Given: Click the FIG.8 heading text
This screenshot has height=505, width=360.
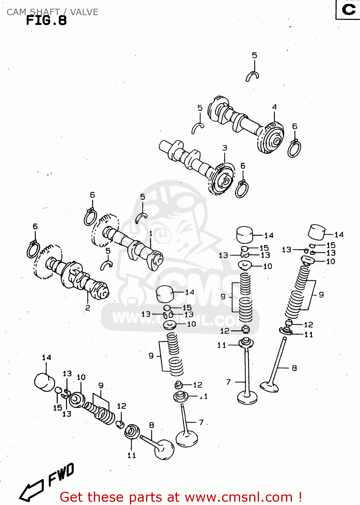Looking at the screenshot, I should pyautogui.click(x=46, y=21).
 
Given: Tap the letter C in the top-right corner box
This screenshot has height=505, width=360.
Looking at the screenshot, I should pyautogui.click(x=349, y=9).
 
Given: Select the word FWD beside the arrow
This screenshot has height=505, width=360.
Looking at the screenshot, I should pyautogui.click(x=61, y=474).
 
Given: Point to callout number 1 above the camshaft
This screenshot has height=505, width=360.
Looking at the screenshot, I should pyautogui.click(x=151, y=233).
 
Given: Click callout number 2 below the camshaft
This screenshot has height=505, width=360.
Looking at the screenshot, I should pyautogui.click(x=88, y=308).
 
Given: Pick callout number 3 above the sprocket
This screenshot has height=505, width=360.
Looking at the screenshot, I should pyautogui.click(x=224, y=148).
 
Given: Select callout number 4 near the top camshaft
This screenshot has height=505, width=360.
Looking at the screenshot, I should pyautogui.click(x=275, y=107).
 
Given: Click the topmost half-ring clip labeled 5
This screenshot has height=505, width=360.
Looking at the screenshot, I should pyautogui.click(x=252, y=77).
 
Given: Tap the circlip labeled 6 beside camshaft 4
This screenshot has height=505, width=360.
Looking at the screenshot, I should pyautogui.click(x=294, y=148).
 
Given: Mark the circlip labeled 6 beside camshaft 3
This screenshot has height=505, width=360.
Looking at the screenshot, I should pyautogui.click(x=242, y=190).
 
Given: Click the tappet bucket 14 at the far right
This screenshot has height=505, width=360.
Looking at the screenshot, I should pyautogui.click(x=317, y=232).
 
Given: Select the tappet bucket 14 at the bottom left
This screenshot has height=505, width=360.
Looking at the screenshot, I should pyautogui.click(x=44, y=382).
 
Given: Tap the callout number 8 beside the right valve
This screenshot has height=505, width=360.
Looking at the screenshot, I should pyautogui.click(x=294, y=368).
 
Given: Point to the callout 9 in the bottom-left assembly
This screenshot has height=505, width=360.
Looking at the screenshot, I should pyautogui.click(x=101, y=385).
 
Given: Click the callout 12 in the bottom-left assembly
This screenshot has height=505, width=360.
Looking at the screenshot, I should pyautogui.click(x=121, y=406).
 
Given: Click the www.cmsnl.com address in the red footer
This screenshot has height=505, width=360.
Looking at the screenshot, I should pyautogui.click(x=239, y=497).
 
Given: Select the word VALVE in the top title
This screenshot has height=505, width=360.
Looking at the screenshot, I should pyautogui.click(x=84, y=12).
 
